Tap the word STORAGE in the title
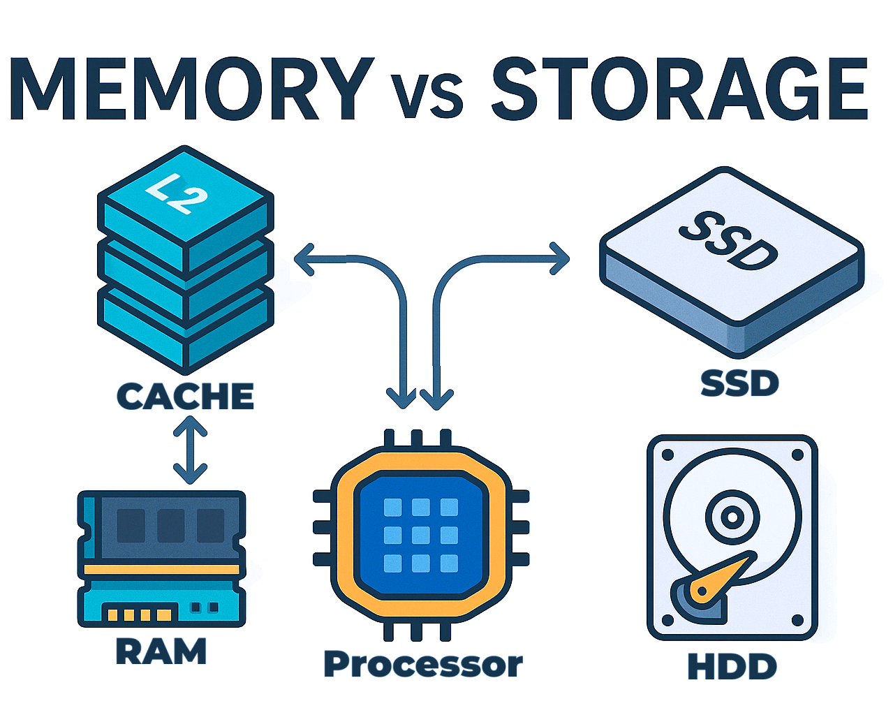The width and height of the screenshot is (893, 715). point(679,89)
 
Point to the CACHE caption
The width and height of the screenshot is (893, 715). point(185,396)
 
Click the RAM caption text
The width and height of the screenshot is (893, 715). point(161,651)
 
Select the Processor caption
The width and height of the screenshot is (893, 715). point(423,664)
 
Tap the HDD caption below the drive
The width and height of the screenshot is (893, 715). point(732,666)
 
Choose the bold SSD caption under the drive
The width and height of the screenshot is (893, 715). point(739,383)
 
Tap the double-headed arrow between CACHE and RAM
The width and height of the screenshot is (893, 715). point(190,450)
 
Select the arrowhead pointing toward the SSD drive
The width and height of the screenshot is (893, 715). point(561,259)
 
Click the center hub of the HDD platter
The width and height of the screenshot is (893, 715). point(732,517)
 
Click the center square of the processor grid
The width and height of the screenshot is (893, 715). point(420,536)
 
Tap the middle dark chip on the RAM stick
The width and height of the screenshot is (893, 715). point(171,525)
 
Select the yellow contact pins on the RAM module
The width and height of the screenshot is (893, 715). point(138,615)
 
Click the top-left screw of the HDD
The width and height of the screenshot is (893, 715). point(666,455)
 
